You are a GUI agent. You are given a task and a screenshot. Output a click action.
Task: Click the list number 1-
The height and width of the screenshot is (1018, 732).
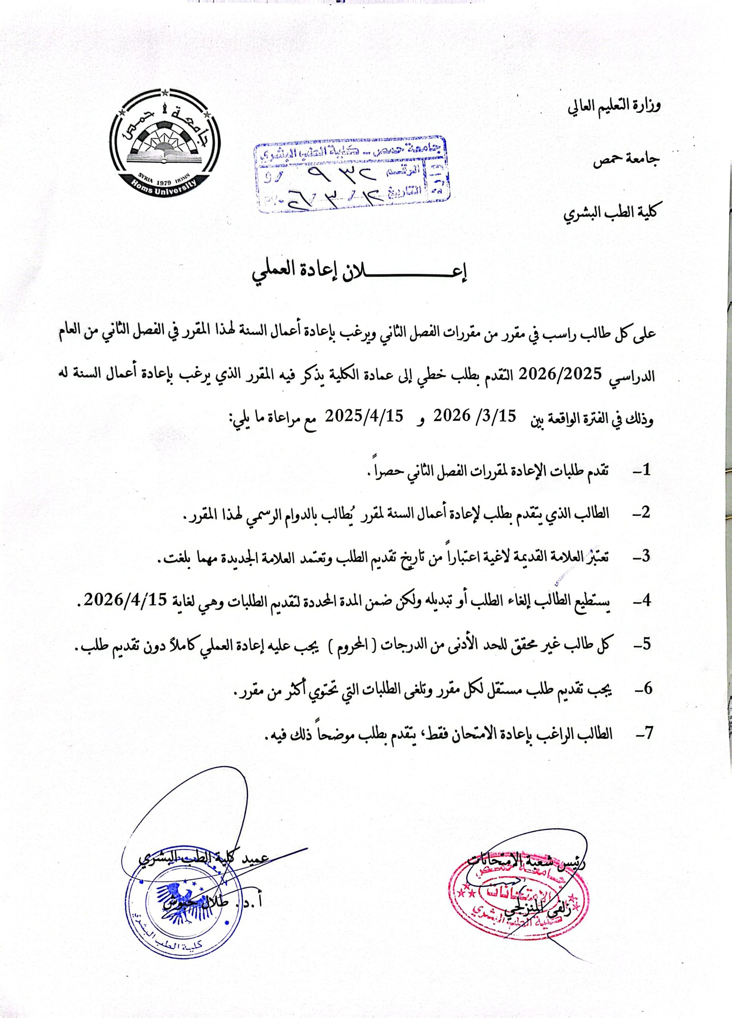(642, 470)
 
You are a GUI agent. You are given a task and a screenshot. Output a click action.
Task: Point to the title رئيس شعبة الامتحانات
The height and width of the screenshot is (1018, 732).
(527, 861)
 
